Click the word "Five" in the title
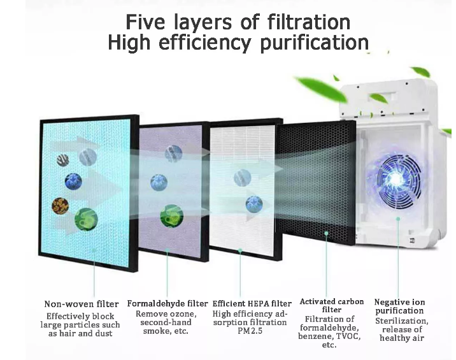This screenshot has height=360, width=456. [145, 22]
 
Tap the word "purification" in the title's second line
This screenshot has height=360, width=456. [315, 43]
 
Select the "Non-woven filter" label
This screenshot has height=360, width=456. [82, 304]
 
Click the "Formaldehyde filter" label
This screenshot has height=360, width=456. [167, 303]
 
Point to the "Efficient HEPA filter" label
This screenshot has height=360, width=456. [252, 303]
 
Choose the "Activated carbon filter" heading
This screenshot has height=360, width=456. [332, 305]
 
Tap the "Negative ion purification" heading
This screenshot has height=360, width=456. [399, 306]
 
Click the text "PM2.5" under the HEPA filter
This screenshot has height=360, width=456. [250, 331]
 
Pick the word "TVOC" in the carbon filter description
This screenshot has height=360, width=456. [349, 336]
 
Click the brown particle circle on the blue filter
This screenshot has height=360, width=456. [61, 206]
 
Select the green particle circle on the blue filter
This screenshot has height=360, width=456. [86, 219]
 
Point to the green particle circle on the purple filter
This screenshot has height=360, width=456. [171, 216]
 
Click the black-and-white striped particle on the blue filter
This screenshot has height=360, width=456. [62, 160]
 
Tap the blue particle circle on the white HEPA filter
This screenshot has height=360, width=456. [254, 205]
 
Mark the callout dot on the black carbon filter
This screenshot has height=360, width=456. [326, 233]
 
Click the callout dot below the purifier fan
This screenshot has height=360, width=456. [398, 219]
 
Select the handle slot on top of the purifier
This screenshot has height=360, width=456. [386, 96]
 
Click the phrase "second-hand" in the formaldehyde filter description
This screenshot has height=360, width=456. [166, 322]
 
